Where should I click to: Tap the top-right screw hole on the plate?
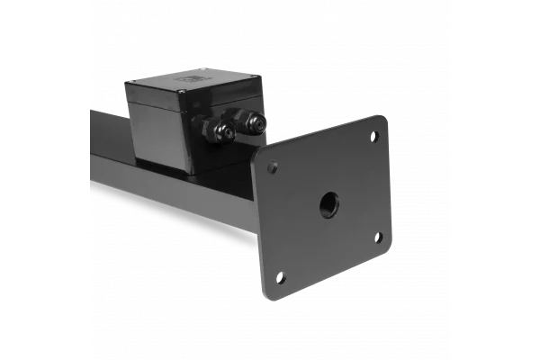click(373, 137)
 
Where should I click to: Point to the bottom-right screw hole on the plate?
click(378, 237)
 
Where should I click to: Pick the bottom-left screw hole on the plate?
click(281, 276)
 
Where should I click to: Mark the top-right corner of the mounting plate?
click(384, 118)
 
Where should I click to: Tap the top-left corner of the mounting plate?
click(257, 155)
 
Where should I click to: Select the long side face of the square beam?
click(162, 193)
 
